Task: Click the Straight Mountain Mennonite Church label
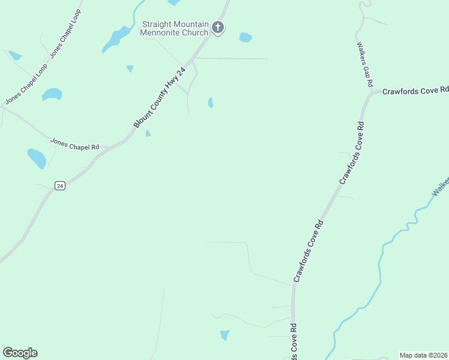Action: [174, 28]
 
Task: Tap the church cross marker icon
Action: [218, 28]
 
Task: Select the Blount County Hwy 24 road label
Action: [160, 98]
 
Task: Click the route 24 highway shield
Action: [59, 186]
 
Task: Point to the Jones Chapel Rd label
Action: [74, 145]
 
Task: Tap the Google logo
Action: [20, 353]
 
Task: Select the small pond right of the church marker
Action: [245, 37]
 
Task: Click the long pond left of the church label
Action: [116, 38]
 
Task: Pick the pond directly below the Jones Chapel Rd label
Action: [37, 158]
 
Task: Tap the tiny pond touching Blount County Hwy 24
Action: [148, 133]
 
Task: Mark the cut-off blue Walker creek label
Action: [441, 185]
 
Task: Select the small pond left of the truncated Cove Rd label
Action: [224, 335]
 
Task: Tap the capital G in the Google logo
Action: [8, 353]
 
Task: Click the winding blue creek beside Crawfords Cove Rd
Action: [379, 270]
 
